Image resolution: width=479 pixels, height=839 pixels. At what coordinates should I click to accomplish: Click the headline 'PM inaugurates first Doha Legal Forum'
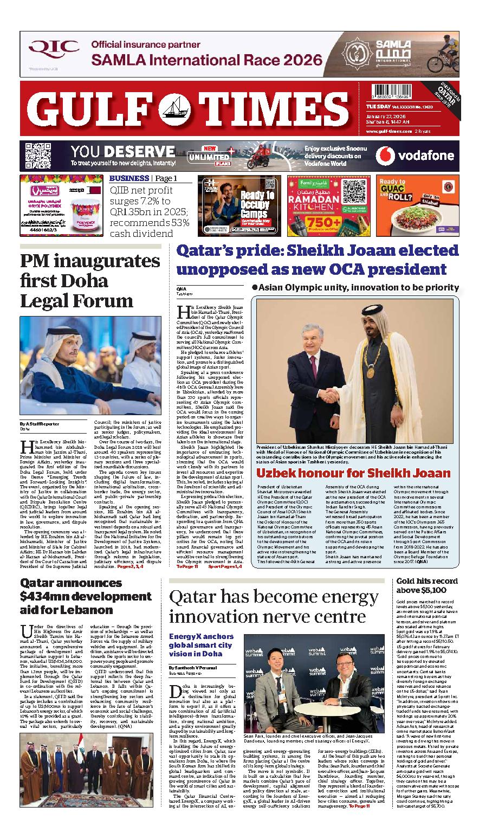(x=90, y=280)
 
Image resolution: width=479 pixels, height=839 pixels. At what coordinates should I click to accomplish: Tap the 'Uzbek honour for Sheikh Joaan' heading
(x=353, y=473)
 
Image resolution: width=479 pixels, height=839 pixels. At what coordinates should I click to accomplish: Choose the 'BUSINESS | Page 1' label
(x=143, y=178)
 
